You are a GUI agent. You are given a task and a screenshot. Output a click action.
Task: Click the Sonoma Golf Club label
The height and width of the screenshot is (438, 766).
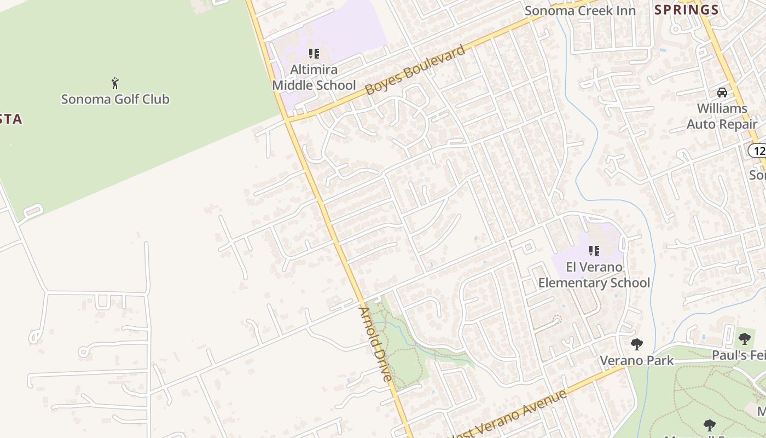coord(115,99)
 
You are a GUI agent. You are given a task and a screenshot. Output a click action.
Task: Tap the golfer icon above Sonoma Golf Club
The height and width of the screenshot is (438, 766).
coord(115,83)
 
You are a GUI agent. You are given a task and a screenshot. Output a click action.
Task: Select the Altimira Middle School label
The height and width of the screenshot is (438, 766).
coord(314,77)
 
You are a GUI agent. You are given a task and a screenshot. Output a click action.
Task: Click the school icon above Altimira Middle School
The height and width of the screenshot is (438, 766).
coord(314,54)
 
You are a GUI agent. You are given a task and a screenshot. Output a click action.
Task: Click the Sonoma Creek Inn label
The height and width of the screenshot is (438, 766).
coord(580,11)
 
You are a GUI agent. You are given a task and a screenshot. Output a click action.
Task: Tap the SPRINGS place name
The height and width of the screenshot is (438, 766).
coord(686,9)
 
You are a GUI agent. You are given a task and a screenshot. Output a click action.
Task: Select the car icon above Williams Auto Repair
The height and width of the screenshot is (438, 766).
coord(722,92)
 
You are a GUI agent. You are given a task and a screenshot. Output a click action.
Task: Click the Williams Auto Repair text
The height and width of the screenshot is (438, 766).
coord(722,116)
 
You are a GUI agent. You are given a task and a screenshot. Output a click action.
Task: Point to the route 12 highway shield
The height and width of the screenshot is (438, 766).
coord(757,151)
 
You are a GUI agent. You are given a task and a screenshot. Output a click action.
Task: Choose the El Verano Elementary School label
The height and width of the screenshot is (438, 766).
coord(594,275)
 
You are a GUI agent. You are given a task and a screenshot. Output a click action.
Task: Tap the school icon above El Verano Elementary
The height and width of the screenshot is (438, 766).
coord(594,251)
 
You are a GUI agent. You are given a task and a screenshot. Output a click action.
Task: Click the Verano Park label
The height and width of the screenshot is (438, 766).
coord(637,360)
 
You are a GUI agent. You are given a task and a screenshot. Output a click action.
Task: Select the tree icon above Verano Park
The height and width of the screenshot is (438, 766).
coord(636,344)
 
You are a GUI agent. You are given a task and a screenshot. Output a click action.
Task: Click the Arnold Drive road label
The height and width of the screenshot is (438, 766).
coord(375,344)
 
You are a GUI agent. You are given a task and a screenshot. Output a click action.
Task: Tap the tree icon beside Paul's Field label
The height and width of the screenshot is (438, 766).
coord(745,338)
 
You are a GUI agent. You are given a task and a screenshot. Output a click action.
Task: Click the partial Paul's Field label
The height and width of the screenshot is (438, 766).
coord(739,355)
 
